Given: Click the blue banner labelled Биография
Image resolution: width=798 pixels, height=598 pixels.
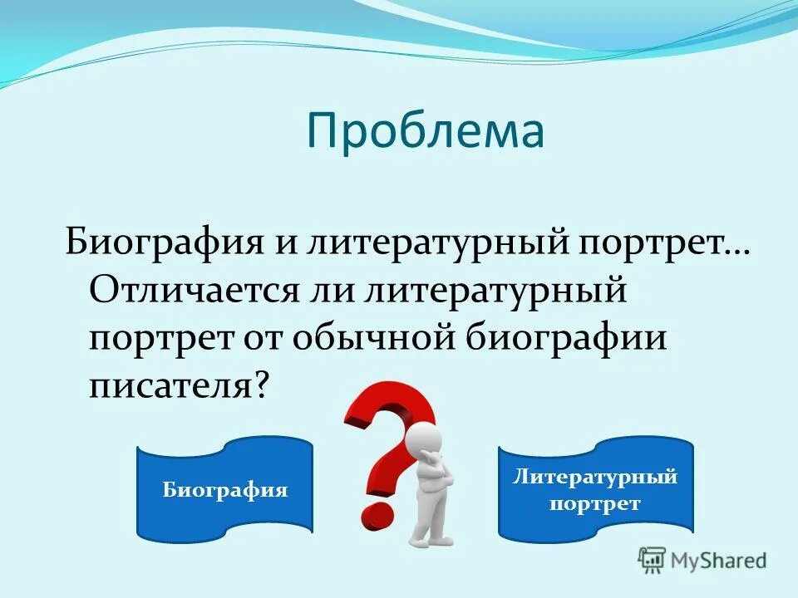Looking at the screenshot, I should [224, 489].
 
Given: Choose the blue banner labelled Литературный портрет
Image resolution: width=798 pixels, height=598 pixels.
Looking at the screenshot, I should [595, 489].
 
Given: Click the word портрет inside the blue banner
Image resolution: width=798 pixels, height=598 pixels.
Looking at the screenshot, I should [594, 504].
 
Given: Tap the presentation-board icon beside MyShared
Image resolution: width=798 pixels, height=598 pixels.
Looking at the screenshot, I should [653, 560].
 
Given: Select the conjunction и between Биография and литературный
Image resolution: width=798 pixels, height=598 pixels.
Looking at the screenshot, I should [278, 243].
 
